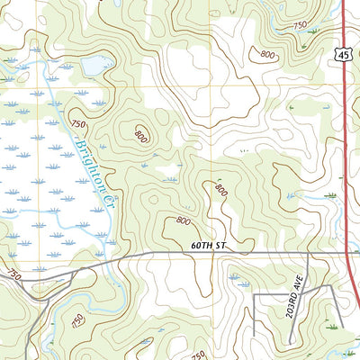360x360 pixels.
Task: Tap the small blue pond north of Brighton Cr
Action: (92, 65)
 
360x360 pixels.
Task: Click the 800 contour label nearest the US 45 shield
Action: (267, 54)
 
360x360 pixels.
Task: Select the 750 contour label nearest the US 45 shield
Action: (298, 25)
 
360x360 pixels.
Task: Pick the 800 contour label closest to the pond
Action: (141, 136)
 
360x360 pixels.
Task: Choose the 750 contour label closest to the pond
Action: (77, 124)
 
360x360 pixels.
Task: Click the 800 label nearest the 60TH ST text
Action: (183, 220)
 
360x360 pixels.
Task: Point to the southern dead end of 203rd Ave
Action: (309, 335)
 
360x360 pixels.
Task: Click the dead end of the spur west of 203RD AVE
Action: (254, 335)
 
